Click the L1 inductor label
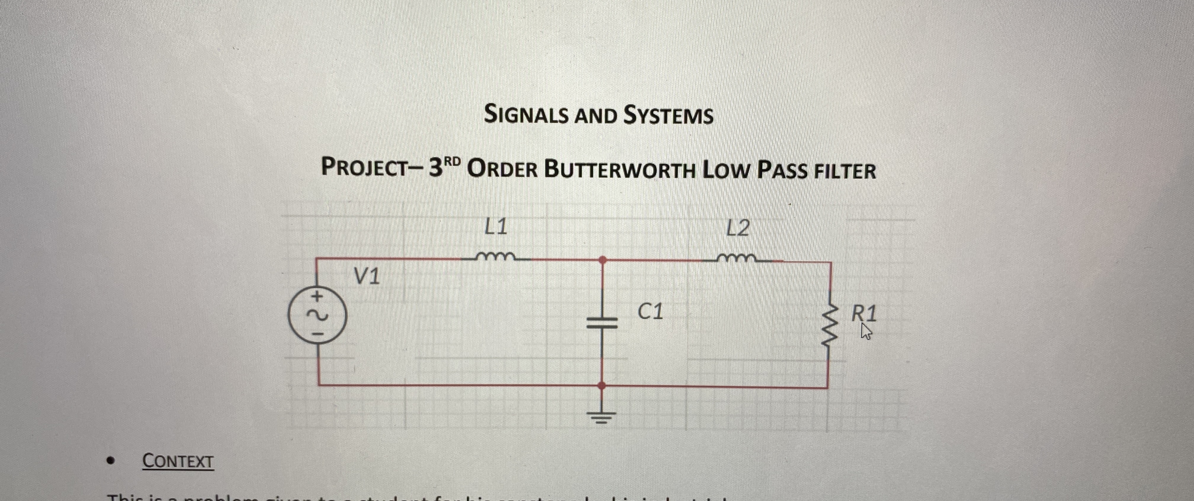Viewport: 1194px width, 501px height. (495, 227)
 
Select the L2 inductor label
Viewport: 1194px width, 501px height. (737, 228)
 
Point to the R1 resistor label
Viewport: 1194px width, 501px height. (864, 314)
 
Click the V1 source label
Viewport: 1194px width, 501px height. (367, 277)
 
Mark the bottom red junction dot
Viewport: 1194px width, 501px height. (602, 385)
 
